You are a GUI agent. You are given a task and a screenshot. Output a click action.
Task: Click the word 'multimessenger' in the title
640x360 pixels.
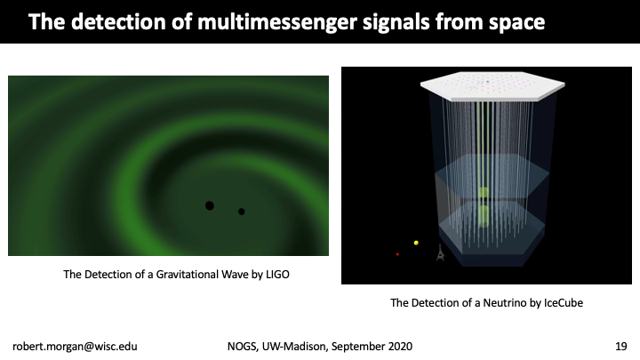[277, 21]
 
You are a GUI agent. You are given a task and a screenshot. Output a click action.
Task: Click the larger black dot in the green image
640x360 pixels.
[210, 205]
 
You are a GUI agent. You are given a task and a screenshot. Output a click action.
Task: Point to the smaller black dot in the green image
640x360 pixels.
[241, 212]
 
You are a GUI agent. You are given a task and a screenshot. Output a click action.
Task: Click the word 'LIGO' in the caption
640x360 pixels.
[277, 275]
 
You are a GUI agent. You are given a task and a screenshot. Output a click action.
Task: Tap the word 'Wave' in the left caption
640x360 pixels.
[235, 275]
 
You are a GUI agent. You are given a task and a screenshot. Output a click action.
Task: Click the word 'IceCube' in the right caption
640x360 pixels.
[564, 303]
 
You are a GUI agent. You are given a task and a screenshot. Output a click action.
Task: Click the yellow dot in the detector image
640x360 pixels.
[416, 243]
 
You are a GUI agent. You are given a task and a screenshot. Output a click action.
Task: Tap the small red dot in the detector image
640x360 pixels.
[397, 254]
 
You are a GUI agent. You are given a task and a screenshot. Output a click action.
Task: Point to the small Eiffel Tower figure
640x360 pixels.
[440, 253]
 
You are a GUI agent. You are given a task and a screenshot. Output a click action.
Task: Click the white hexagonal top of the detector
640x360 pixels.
[492, 85]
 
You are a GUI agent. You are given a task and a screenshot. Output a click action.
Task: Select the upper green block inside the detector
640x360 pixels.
[484, 192]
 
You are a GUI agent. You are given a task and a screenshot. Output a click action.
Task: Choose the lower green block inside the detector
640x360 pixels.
[484, 216]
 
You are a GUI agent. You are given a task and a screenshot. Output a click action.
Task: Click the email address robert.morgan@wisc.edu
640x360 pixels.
[75, 347]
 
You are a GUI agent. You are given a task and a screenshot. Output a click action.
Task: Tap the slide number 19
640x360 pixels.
[620, 347]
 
